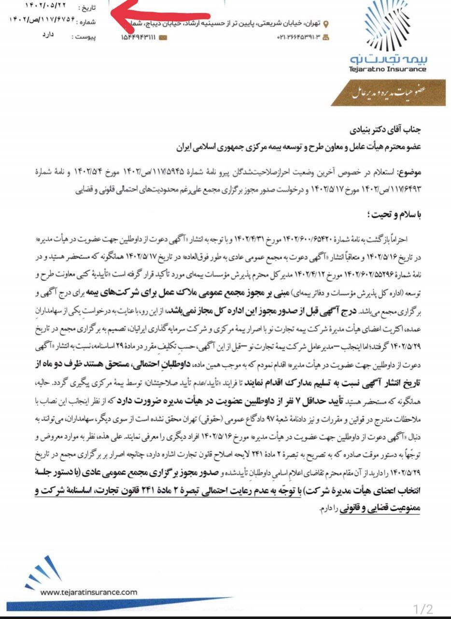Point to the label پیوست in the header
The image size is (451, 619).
(x=85, y=37)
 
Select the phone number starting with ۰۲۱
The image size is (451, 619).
(x=298, y=38)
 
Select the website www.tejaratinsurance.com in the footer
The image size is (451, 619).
(x=89, y=592)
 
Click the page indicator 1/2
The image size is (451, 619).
(x=423, y=608)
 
